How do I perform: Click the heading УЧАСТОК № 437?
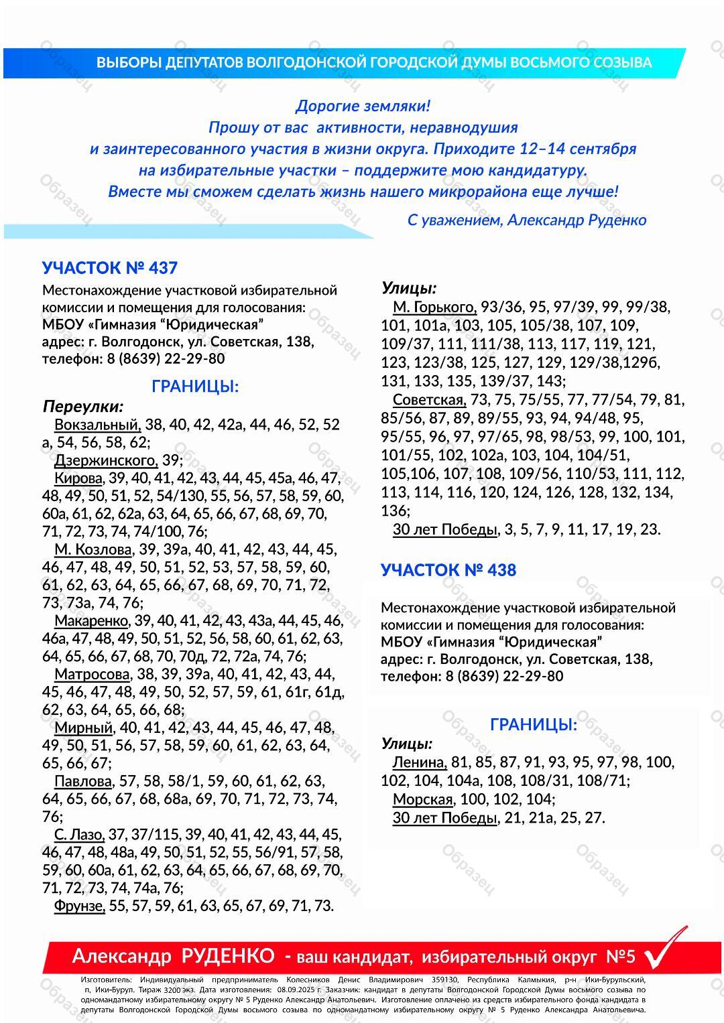tap(110, 268)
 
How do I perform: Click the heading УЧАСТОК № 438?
tap(448, 570)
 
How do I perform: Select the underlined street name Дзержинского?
tap(106, 461)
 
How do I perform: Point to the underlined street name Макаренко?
tap(91, 620)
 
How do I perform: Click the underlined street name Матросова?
tap(92, 674)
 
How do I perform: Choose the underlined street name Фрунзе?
tap(80, 906)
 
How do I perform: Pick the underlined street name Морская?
tap(423, 799)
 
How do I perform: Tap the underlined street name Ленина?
tap(420, 762)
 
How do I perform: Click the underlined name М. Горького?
tap(434, 308)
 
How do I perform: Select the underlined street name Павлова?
tap(83, 781)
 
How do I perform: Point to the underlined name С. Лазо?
tap(79, 835)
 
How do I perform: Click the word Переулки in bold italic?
tap(83, 407)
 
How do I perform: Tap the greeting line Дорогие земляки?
tap(363, 106)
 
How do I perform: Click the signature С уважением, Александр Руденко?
tap(526, 220)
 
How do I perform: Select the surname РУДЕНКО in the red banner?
tap(228, 956)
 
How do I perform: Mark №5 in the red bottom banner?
tap(620, 956)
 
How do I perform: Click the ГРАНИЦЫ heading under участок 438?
tap(533, 725)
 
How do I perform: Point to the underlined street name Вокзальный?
tap(97, 425)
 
